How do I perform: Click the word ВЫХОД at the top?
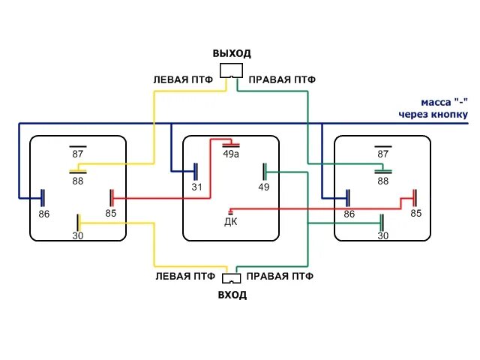point(232,54)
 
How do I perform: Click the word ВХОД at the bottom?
point(232,295)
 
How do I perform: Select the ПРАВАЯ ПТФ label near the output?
point(282,79)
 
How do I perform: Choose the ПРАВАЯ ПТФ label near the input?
point(280,276)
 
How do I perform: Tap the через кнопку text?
point(433,115)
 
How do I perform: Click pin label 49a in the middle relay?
point(231,154)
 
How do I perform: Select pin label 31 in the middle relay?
point(197,187)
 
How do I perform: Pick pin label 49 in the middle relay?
point(264,187)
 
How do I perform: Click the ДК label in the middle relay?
point(231,221)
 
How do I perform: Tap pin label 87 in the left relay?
point(78,154)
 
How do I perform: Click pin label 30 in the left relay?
point(78,235)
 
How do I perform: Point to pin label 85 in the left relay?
point(111,213)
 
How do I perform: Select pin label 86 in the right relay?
point(349,214)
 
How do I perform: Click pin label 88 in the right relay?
point(383,181)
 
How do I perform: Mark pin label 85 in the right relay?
point(416,213)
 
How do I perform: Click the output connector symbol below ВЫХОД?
point(232,70)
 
